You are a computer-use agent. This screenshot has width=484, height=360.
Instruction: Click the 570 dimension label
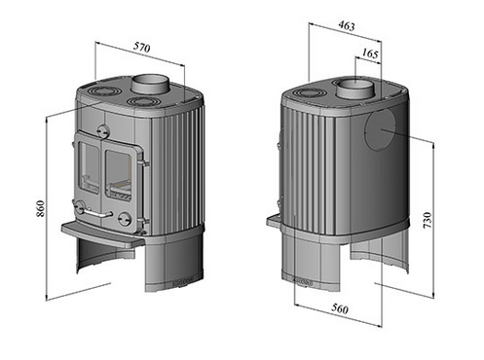point(142,48)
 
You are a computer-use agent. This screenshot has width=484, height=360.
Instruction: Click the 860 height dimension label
point(40,208)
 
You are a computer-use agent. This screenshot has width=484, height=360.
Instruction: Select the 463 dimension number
point(347,25)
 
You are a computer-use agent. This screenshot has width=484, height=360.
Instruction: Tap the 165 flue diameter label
point(370,53)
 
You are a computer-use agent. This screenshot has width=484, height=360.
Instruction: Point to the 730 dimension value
point(428,220)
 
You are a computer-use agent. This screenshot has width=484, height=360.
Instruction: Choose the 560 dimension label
point(340,308)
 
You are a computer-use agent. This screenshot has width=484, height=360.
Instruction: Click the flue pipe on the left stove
point(150,84)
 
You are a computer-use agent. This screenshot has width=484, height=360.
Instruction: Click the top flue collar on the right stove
point(354,89)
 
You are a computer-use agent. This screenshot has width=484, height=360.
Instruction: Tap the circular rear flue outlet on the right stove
point(380,129)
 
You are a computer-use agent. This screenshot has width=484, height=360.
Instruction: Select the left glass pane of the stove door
point(89,167)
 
